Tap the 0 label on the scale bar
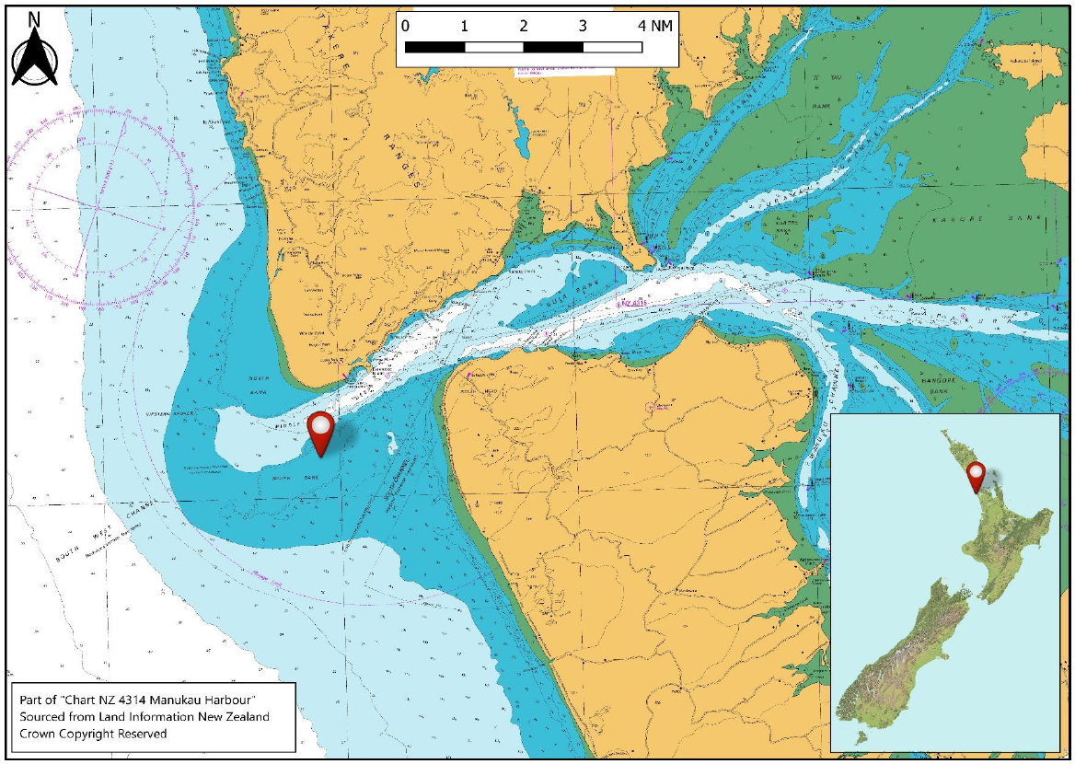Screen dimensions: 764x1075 click(406, 26)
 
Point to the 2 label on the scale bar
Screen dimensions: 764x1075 click(524, 26)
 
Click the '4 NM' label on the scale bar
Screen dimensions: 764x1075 click(654, 26)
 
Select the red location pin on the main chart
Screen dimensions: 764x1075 click(320, 432)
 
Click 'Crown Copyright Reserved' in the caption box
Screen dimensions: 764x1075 click(93, 734)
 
